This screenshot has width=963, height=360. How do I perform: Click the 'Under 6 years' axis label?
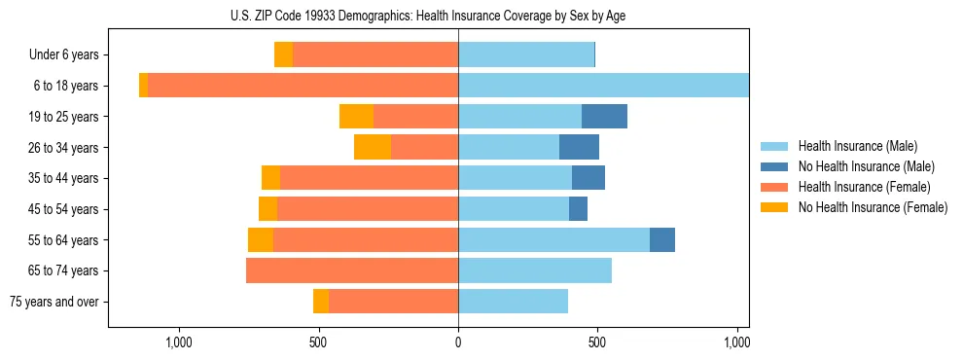point(63,55)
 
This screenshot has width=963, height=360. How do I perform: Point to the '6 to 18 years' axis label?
point(65,86)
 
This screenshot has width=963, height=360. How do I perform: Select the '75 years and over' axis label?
point(54,302)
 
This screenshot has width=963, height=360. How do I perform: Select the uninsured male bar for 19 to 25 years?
point(604,117)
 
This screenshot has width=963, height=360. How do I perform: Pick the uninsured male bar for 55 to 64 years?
point(662,239)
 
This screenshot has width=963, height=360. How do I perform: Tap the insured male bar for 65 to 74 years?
point(535,270)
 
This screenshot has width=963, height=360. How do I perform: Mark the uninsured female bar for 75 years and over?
point(321,302)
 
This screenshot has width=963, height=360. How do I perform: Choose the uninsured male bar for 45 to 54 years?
point(578,209)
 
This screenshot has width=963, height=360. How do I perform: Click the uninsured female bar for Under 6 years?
point(283,55)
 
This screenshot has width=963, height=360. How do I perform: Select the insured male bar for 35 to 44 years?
point(515,178)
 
